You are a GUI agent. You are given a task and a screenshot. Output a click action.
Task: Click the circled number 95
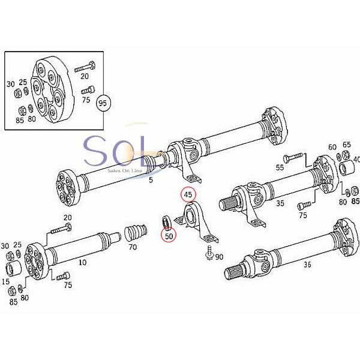click(x=104, y=103)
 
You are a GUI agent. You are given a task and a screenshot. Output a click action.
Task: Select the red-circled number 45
click(x=188, y=195)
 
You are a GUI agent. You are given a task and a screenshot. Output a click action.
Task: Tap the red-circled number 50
click(x=169, y=236)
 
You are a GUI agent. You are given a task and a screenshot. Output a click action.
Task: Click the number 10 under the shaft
click(x=82, y=263)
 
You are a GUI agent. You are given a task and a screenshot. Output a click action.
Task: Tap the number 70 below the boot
click(x=133, y=246)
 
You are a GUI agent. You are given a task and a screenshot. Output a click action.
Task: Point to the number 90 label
click(x=219, y=257)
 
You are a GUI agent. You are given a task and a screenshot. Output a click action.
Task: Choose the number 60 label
click(x=332, y=147)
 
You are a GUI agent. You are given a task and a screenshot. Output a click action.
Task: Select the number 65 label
click(x=346, y=145)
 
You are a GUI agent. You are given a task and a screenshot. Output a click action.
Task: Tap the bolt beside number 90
click(x=208, y=253)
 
